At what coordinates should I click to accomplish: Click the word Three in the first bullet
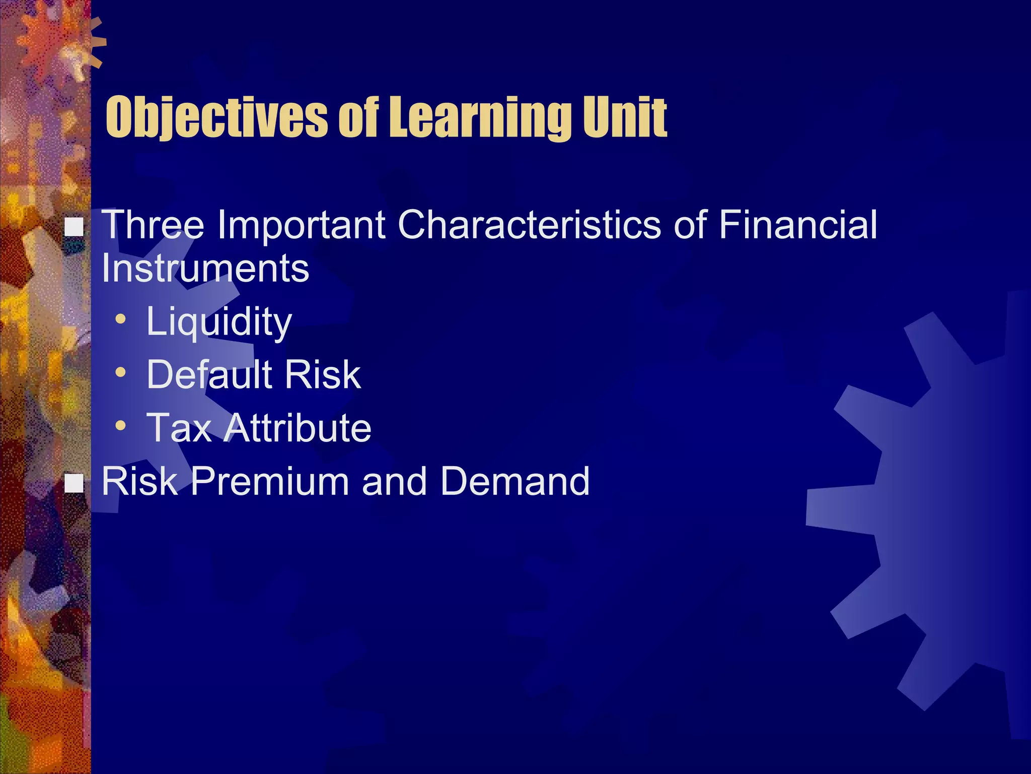[153, 225]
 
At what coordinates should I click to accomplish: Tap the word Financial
[798, 225]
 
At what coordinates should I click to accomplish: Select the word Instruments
[205, 268]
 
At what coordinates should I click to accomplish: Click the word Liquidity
[218, 322]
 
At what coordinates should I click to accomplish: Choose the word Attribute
[298, 428]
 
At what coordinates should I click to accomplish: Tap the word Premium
[269, 481]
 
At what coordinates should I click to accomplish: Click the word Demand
[514, 481]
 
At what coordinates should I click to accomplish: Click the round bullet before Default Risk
[120, 372]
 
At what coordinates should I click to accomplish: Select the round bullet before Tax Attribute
[120, 426]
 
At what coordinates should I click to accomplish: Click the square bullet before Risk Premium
[75, 483]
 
